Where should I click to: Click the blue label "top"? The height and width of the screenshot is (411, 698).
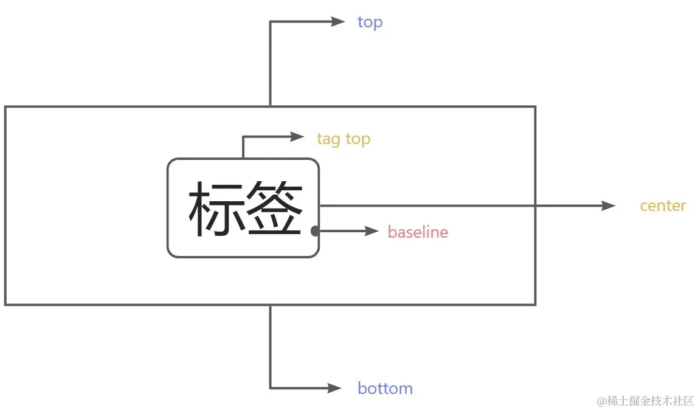tap(370, 22)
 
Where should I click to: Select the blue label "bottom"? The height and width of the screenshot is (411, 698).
tap(385, 389)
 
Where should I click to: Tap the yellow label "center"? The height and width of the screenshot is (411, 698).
tap(663, 206)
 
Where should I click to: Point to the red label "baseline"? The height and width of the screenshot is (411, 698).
tap(418, 232)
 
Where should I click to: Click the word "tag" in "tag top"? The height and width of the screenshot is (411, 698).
tap(328, 140)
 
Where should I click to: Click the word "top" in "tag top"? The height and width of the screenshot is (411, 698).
tap(358, 140)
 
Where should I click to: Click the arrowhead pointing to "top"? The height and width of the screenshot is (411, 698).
tap(339, 22)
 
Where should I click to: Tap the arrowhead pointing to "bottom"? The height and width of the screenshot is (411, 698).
tap(335, 388)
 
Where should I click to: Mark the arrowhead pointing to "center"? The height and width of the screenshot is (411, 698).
tap(608, 206)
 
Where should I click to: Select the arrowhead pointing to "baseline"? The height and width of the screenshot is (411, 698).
tap(371, 231)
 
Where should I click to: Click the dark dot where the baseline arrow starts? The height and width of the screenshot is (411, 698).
tap(315, 231)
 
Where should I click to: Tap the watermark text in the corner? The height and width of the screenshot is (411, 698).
tap(646, 401)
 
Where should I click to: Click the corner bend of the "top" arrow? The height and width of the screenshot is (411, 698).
tap(271, 22)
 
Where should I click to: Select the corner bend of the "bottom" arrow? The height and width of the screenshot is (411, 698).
tap(271, 388)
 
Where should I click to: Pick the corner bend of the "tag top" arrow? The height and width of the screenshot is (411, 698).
tap(243, 137)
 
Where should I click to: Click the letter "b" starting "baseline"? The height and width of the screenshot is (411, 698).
tap(392, 232)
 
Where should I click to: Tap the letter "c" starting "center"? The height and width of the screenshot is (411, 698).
tap(644, 207)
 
